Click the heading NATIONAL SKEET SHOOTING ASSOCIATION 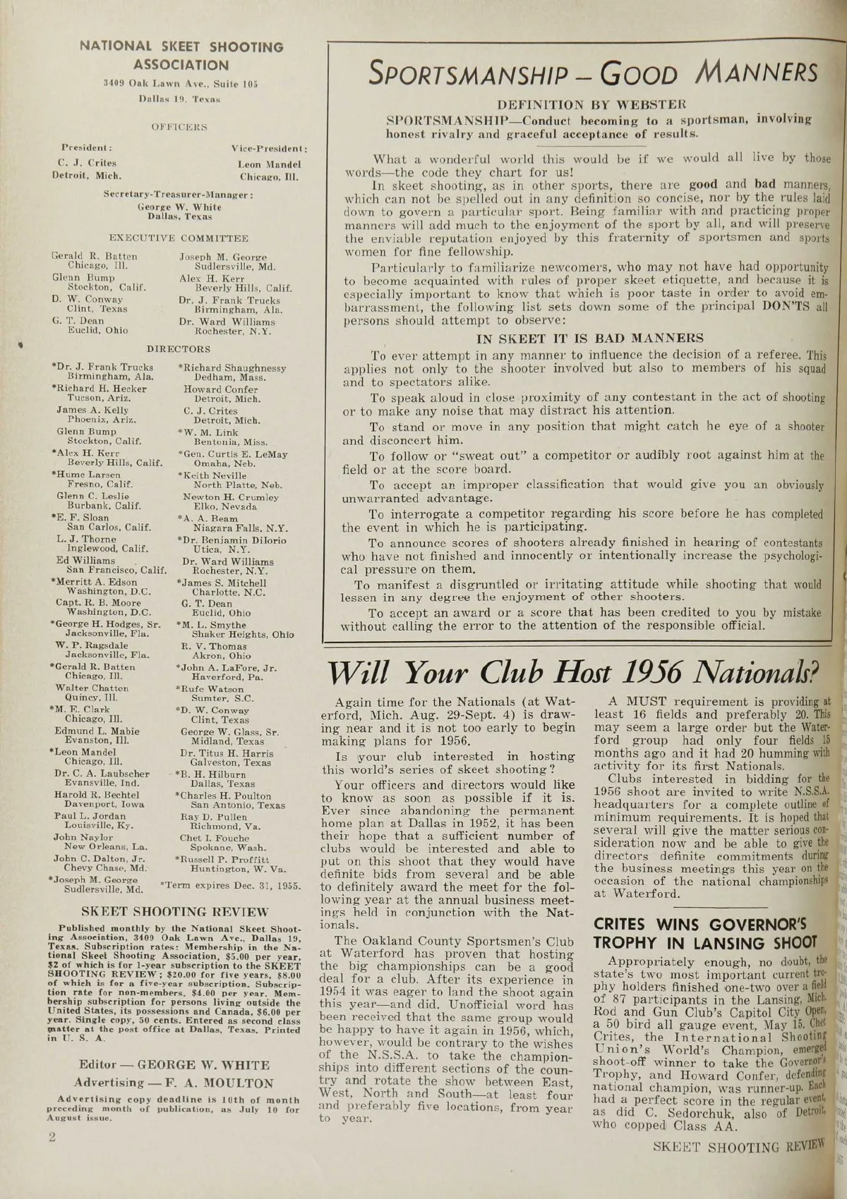pos(181,56)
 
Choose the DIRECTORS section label pos(179,349)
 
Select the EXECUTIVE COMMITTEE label pos(179,239)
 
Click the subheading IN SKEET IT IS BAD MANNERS pos(590,338)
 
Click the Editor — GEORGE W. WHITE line pos(174,1065)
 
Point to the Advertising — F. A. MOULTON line pos(174,1083)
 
